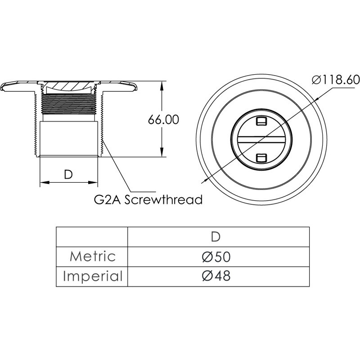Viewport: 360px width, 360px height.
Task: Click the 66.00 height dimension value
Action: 163,120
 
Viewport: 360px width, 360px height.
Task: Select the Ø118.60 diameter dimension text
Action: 335,80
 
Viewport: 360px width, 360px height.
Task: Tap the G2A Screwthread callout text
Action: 148,199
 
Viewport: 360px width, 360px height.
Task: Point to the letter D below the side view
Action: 68,175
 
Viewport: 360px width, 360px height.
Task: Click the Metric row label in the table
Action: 93,256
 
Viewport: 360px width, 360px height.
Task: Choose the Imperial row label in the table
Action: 93,276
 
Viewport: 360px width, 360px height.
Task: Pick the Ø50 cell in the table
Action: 216,256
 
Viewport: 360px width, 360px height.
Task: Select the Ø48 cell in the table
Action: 216,276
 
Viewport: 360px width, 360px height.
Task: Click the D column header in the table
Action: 216,237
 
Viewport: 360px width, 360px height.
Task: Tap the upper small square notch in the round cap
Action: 261,121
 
